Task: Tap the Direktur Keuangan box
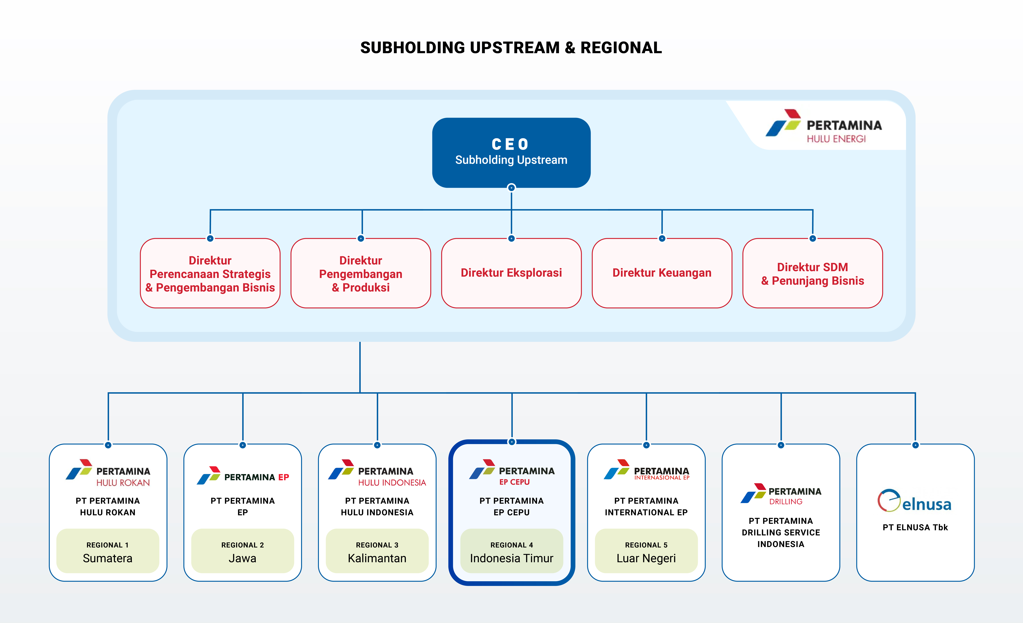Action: pos(662,273)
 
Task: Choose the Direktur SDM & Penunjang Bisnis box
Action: pos(812,273)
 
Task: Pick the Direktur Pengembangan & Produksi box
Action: pos(361,273)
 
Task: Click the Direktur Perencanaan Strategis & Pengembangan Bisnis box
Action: pos(210,273)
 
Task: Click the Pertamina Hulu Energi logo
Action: pos(824,126)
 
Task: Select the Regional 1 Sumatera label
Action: pos(108,551)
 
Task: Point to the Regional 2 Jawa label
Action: pos(242,551)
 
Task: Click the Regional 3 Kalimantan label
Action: pos(377,551)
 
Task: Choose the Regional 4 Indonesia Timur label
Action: pos(511,551)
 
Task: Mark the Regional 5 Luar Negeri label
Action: pos(646,551)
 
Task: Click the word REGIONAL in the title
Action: pos(621,48)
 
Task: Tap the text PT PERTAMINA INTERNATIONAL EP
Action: pos(646,506)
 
